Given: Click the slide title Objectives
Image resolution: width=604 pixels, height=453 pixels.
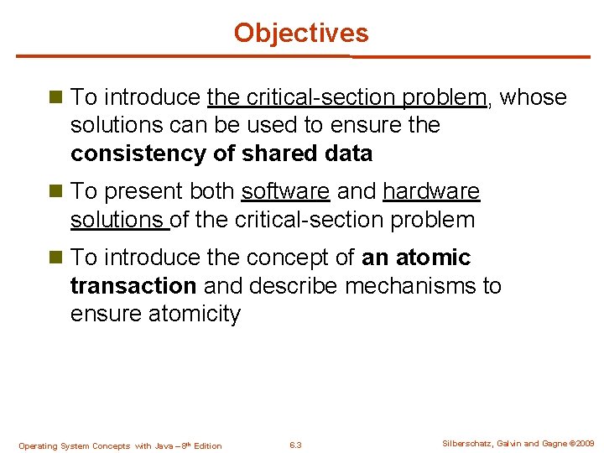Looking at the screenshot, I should coord(301,33).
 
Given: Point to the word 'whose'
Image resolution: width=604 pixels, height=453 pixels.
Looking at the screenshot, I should coord(534,97).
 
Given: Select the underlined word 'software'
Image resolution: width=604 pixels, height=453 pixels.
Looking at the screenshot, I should coord(285,191).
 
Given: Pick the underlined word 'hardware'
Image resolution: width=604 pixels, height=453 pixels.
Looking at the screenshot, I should coord(431,191).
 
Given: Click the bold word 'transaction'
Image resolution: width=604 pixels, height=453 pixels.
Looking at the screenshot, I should coord(133,285).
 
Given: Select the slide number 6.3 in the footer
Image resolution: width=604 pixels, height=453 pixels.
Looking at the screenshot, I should coord(294,445).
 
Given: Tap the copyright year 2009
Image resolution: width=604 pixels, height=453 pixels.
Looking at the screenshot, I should coord(585,444).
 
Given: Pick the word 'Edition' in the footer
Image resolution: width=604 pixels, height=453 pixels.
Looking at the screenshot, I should coord(207,446).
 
